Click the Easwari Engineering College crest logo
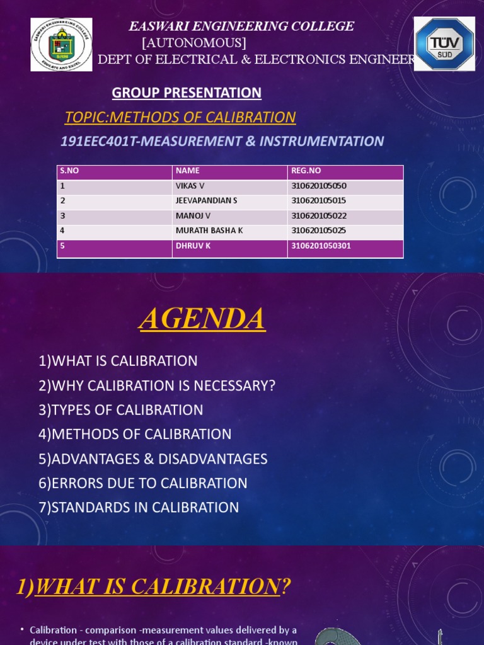(x=62, y=45)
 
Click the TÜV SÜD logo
(x=444, y=44)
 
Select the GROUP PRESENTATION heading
(x=187, y=93)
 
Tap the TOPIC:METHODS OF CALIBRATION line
(x=180, y=117)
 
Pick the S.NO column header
(x=69, y=171)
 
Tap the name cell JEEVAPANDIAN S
(x=206, y=201)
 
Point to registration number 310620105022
(x=319, y=216)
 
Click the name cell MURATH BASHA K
(x=209, y=231)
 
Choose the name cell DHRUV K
(x=193, y=246)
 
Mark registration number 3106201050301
(x=321, y=246)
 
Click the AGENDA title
(x=202, y=319)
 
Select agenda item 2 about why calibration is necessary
(x=157, y=385)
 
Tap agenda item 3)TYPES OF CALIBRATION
(x=121, y=410)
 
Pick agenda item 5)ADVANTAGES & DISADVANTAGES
(x=153, y=459)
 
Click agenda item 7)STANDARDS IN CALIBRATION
(x=139, y=508)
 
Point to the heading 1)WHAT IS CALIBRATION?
(x=153, y=587)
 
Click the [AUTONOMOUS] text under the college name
(x=194, y=43)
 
